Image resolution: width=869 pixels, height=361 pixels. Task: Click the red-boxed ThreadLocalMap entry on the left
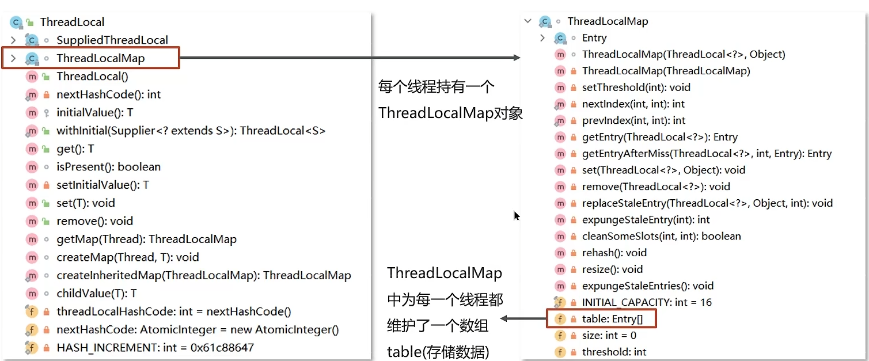tap(100, 58)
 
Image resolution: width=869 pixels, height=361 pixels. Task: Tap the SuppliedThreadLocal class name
tap(112, 40)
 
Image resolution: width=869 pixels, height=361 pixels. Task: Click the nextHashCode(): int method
tap(108, 94)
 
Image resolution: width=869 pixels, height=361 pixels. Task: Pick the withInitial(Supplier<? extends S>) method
tap(191, 131)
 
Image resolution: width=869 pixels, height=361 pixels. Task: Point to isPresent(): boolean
tap(108, 167)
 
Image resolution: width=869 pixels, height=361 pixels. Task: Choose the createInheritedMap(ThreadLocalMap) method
tap(203, 275)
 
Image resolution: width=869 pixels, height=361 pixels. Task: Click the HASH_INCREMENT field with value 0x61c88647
tap(155, 348)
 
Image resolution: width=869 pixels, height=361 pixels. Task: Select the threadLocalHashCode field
tap(173, 311)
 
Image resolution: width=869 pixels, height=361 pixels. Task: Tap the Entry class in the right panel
tap(594, 38)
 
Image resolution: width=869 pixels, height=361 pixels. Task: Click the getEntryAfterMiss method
tap(707, 154)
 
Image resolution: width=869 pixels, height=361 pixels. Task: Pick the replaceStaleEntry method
tap(707, 203)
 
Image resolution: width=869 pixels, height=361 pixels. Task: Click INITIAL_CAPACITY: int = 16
tap(647, 302)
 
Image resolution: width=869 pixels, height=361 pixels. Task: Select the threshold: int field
tap(614, 352)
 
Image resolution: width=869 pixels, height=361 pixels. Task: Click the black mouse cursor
tap(517, 216)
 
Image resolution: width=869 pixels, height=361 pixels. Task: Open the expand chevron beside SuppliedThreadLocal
tap(13, 40)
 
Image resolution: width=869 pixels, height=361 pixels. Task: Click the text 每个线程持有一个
tap(436, 88)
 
